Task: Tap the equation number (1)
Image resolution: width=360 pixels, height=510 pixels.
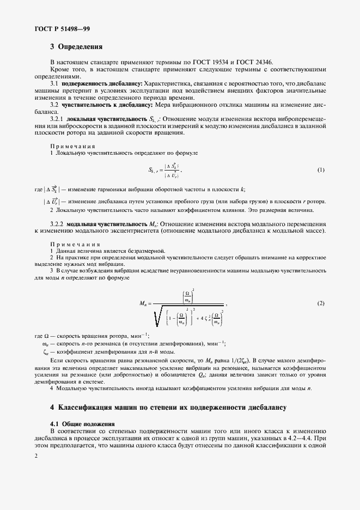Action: [321, 170]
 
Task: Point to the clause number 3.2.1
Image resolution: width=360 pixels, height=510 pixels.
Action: [58, 118]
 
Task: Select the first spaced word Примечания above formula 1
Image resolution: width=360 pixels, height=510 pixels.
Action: [72, 147]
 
